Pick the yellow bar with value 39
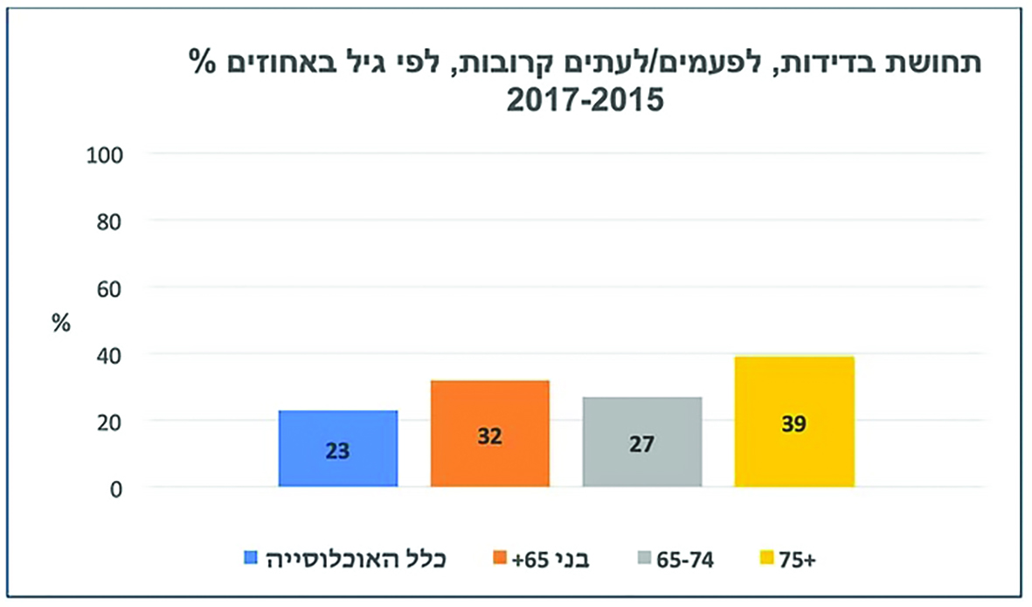[794, 422]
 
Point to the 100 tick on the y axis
[106, 154]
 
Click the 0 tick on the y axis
[115, 488]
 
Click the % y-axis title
[59, 321]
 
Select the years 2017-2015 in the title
[585, 99]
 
